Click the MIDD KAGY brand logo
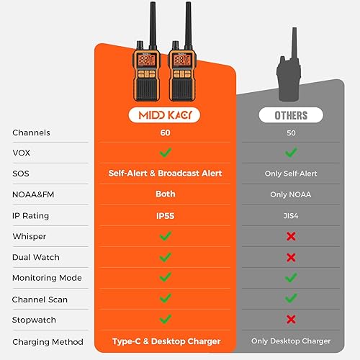165,115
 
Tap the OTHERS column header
291,115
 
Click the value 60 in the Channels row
165,132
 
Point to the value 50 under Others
291,132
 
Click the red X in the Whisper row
291,236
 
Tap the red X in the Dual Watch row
291,257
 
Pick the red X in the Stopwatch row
291,320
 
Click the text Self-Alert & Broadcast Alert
166,174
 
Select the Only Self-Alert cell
291,174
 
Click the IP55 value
165,215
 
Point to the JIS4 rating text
291,215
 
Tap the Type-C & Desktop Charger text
166,341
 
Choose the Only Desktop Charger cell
291,341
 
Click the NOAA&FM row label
32,194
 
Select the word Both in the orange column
165,194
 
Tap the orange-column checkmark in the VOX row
165,153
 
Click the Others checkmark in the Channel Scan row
291,299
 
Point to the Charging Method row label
48,341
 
